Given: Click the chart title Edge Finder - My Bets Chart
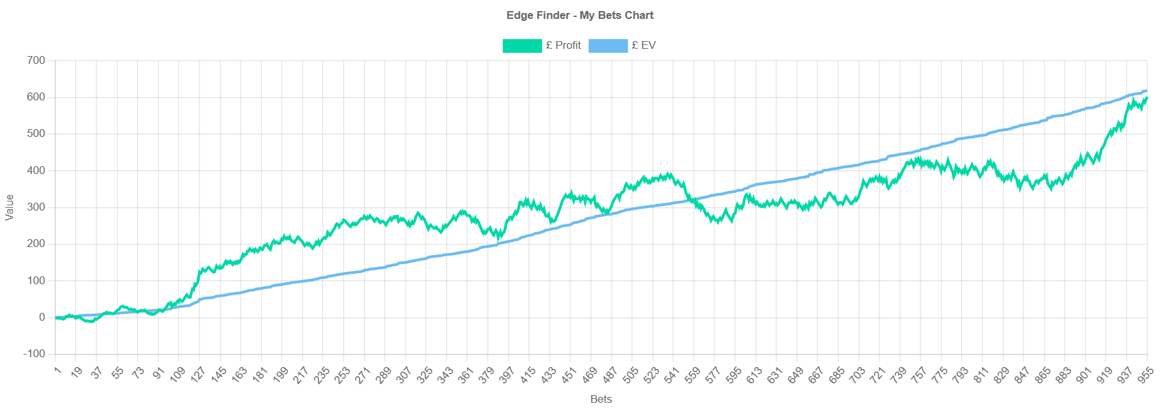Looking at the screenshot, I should [x=579, y=15].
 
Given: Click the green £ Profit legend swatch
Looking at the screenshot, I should [x=521, y=46].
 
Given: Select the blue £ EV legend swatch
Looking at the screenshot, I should [x=607, y=46].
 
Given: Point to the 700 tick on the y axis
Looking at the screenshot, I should [x=36, y=60].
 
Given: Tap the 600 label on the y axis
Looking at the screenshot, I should [x=36, y=96].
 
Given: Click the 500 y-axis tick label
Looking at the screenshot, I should [x=36, y=134].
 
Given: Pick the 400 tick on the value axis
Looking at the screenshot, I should [x=36, y=170].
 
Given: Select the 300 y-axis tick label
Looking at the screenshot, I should [x=36, y=207].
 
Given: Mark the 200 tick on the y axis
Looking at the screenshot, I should [x=36, y=244].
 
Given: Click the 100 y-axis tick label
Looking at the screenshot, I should [x=36, y=280].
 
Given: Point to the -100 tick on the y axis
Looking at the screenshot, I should [x=34, y=354].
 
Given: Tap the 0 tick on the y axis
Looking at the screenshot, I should [x=42, y=317].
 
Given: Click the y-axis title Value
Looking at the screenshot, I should [x=9, y=207].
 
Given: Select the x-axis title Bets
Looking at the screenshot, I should [x=601, y=399].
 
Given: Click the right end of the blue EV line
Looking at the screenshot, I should [x=1146, y=91].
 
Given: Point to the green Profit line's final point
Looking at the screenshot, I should [x=1146, y=97].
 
